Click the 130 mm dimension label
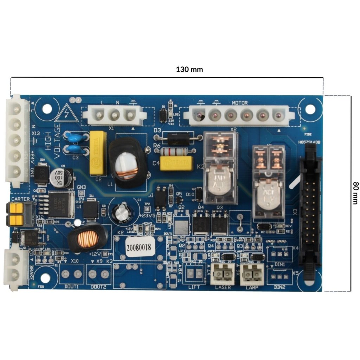pos(189,69)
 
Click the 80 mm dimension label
pos(355,193)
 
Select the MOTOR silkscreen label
pos(239,103)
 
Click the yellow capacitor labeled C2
pos(98,153)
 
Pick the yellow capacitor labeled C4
pos(176,163)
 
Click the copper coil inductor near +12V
pos(87,238)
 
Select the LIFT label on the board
pos(194,287)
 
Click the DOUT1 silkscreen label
pos(72,287)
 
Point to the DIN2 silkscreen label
pos(279,287)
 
